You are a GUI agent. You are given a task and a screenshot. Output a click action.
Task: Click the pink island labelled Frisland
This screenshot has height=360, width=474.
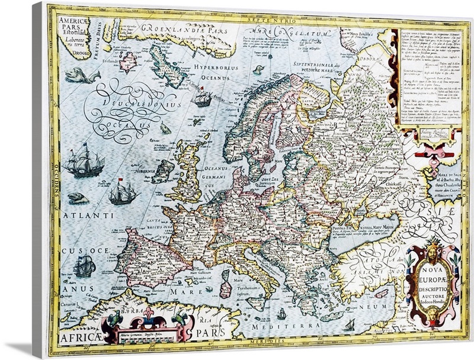coord(126,61)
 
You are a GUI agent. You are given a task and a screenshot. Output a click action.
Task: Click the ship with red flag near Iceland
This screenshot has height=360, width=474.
coord(203,98)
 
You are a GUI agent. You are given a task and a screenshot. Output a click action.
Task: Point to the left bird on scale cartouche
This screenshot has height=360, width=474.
coord(113,320)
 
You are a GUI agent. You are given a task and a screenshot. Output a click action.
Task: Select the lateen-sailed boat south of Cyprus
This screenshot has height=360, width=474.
coord(350,324)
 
